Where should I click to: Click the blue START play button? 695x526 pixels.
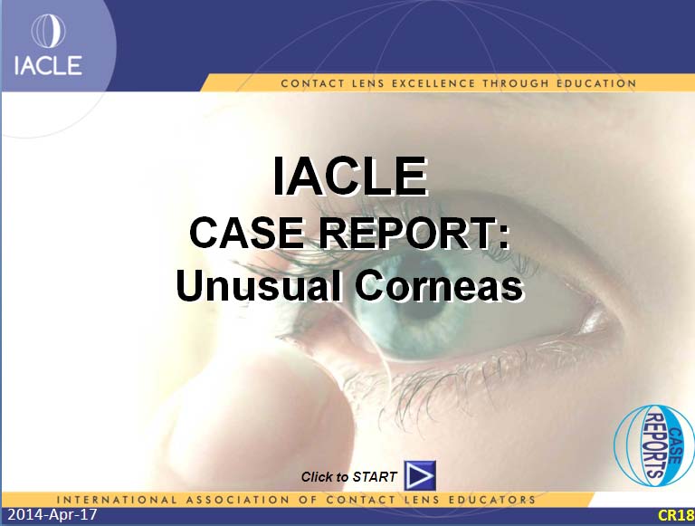(x=420, y=475)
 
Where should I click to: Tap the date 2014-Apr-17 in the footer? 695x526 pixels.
(x=52, y=514)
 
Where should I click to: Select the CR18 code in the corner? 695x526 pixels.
(x=676, y=515)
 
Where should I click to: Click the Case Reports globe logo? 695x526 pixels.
(x=654, y=445)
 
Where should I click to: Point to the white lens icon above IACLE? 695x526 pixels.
(x=48, y=31)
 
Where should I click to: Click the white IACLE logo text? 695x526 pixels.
(x=48, y=65)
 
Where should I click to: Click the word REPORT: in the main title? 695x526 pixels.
(x=414, y=233)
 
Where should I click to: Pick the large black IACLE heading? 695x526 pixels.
(x=349, y=176)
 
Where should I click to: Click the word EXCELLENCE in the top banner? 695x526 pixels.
(x=433, y=83)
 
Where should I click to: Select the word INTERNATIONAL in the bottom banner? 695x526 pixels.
(x=117, y=500)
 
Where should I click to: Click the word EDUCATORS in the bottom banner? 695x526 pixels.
(x=492, y=500)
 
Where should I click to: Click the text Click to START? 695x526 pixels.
(x=348, y=477)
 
